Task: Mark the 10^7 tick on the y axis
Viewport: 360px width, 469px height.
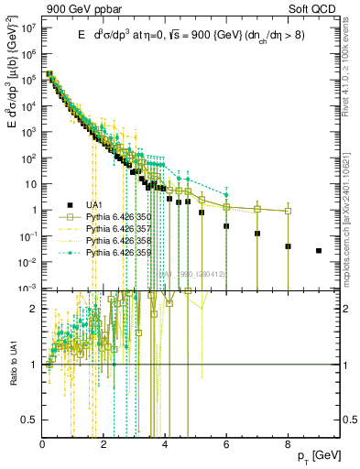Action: (30, 28)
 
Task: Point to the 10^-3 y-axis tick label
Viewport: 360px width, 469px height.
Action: (29, 288)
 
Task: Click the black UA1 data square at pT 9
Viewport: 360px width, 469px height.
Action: (319, 250)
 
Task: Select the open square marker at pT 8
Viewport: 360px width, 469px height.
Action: (288, 211)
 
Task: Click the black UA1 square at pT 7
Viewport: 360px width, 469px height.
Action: (257, 233)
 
